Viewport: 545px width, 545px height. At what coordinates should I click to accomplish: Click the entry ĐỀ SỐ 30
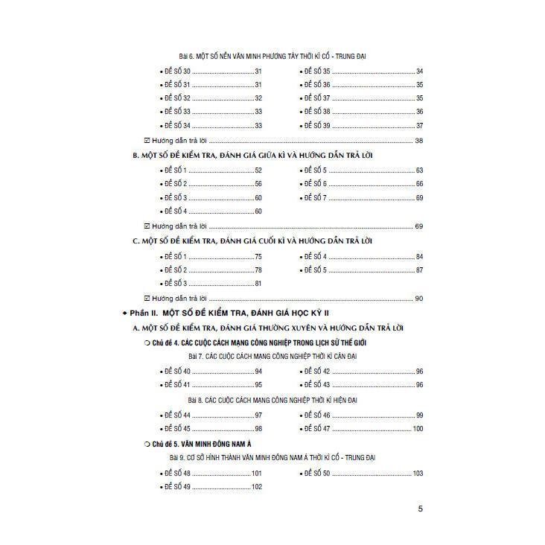pyautogui.click(x=177, y=71)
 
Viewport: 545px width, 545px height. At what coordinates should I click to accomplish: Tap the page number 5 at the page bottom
pyautogui.click(x=421, y=509)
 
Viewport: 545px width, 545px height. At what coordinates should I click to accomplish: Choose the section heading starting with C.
pyautogui.click(x=252, y=241)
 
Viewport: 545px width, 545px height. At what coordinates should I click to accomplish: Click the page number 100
pyautogui.click(x=417, y=429)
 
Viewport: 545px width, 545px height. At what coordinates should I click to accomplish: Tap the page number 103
pyautogui.click(x=417, y=473)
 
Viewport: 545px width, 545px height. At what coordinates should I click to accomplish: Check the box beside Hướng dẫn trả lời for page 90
pyautogui.click(x=146, y=299)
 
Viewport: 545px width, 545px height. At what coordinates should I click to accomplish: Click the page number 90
pyautogui.click(x=419, y=299)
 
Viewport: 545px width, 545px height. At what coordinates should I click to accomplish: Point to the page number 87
pyautogui.click(x=419, y=270)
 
